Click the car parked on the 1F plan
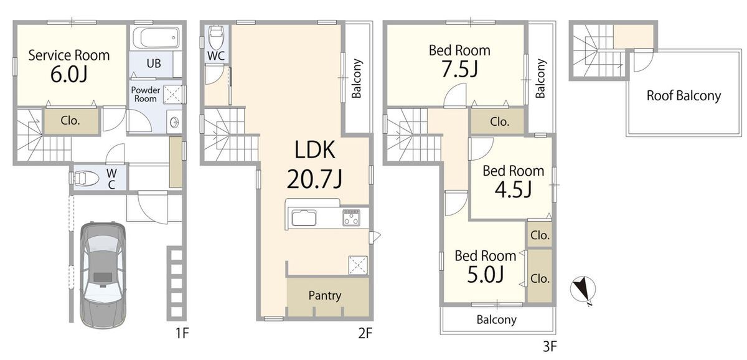pos(103,275)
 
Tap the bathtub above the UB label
pos(156,38)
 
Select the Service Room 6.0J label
pos(69,66)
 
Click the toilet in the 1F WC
pos(86,178)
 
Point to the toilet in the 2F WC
pos(216,37)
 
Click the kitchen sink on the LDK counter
pos(304,218)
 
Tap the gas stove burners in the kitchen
pos(352,218)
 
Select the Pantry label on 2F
pos(325,296)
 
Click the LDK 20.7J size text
pos(314,179)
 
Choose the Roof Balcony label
pos(684,95)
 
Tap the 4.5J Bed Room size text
pos(513,189)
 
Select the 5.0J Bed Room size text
pos(485,275)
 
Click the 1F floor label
pos(182,333)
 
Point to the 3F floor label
pos(550,347)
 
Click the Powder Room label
pos(146,94)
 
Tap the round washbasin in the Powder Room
pos(174,122)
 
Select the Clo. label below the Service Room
pos(70,120)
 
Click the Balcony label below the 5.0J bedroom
pos(497,320)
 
